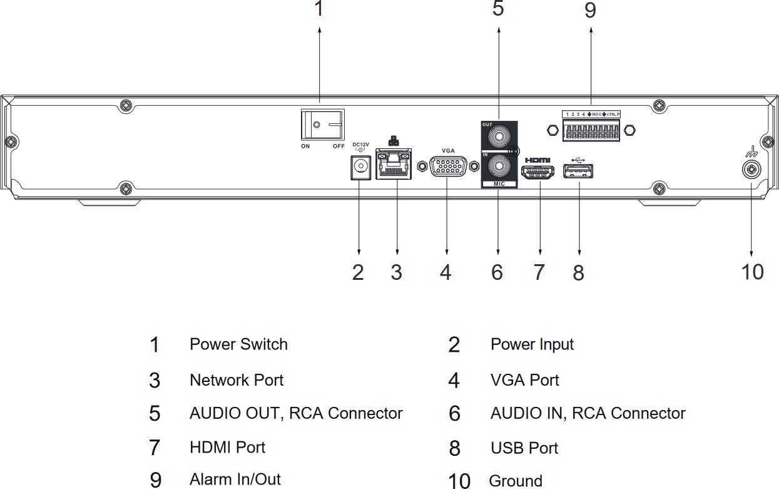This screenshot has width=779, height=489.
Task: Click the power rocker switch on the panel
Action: tap(323, 125)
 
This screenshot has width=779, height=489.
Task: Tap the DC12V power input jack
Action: tap(360, 168)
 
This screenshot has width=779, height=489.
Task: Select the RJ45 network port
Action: tap(394, 164)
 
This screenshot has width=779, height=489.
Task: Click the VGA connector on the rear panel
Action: tap(448, 167)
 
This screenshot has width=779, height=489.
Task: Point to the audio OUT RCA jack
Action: tap(499, 136)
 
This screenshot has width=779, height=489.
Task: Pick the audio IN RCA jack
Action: tap(499, 167)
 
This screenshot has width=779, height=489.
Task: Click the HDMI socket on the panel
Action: tap(537, 172)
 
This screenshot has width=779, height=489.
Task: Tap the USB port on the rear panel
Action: tap(578, 171)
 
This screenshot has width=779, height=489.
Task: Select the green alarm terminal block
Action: tap(591, 130)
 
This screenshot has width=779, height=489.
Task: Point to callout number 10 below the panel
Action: tap(752, 272)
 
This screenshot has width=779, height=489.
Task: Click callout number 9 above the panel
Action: tap(590, 10)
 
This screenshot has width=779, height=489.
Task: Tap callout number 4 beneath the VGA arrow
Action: tap(446, 272)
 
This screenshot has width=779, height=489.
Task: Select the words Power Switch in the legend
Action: tap(238, 344)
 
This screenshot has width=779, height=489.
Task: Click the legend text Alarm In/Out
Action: tap(235, 479)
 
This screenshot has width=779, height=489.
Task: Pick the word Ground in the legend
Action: tap(516, 481)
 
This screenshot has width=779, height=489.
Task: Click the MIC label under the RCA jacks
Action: tap(499, 184)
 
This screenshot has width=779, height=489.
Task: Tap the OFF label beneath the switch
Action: tap(339, 146)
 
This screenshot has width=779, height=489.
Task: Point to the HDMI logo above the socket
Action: tap(537, 160)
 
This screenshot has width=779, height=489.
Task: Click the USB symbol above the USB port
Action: tap(578, 160)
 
